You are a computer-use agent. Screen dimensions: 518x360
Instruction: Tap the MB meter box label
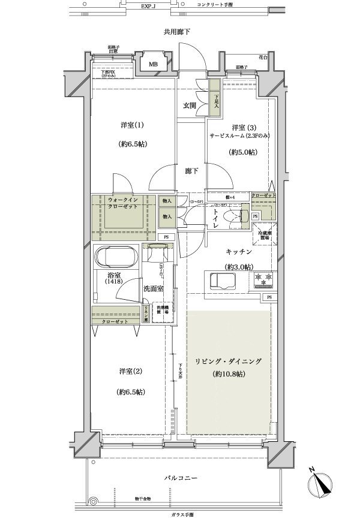pos(154,64)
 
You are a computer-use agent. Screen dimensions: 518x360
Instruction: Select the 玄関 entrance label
pos(190,105)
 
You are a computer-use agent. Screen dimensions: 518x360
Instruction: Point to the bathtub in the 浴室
pos(117,258)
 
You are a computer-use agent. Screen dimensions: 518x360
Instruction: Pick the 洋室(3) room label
pos(241,128)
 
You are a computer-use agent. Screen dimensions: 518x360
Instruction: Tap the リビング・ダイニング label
pos(228,362)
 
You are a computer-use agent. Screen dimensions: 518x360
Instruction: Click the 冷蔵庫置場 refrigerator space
pos(263,234)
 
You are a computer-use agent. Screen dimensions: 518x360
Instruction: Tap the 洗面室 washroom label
pos(154,288)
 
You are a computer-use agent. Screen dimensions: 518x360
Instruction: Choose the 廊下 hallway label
pos(191,171)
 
